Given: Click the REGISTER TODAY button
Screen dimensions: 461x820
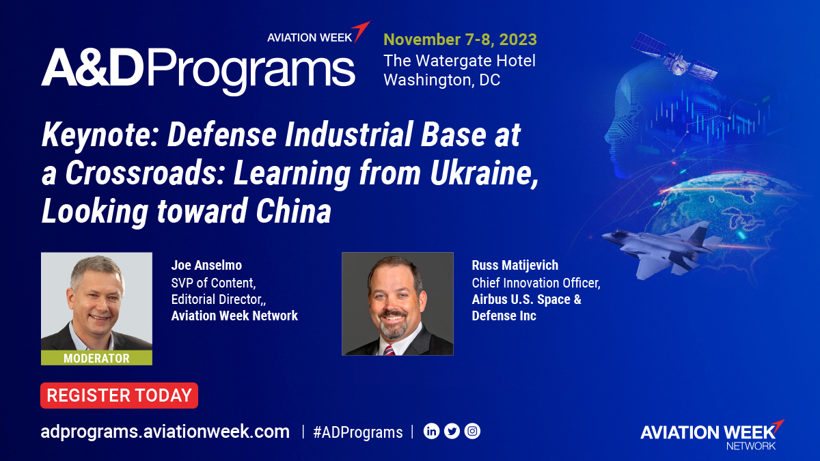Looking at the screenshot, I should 119,395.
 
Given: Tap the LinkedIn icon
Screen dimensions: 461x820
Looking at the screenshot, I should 431,431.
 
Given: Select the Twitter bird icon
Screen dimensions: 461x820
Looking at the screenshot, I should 452,431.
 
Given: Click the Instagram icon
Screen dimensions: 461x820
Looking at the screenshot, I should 472,431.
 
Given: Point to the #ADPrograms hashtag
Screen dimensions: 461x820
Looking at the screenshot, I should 357,432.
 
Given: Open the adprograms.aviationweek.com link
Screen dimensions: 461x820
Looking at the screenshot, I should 165,432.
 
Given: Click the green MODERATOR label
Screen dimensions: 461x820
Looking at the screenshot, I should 96,358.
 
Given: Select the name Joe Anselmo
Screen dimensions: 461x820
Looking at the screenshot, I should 206,265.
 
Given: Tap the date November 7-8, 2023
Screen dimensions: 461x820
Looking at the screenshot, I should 460,39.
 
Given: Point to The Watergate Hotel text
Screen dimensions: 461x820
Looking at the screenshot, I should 459,60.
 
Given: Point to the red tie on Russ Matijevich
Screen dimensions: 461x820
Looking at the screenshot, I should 389,350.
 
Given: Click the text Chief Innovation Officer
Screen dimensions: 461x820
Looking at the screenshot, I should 536,283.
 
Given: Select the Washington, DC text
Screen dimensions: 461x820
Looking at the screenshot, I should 441,80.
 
